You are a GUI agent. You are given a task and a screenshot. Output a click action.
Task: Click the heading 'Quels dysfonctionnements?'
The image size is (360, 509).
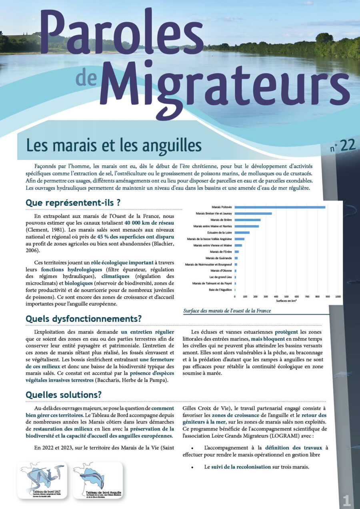83,319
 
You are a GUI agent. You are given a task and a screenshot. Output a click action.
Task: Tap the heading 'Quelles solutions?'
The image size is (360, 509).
64,395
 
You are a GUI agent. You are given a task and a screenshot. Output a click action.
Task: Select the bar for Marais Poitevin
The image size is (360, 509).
280,207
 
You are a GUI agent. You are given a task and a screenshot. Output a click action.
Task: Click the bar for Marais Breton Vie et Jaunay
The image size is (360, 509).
253,214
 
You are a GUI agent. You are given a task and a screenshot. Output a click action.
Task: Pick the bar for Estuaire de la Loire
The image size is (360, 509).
242,232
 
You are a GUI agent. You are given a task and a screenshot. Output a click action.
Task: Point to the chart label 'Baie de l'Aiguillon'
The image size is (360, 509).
218,289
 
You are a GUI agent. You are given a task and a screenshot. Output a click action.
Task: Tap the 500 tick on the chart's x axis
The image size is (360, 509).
286,296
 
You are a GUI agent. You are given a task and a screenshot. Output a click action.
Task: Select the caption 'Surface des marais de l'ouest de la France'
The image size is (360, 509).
227,311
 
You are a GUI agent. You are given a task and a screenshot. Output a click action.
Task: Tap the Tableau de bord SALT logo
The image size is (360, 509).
42,480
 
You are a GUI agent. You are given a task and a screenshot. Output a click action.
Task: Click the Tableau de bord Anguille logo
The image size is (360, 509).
98,480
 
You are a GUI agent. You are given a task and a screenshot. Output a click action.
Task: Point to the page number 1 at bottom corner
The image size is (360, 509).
346,500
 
